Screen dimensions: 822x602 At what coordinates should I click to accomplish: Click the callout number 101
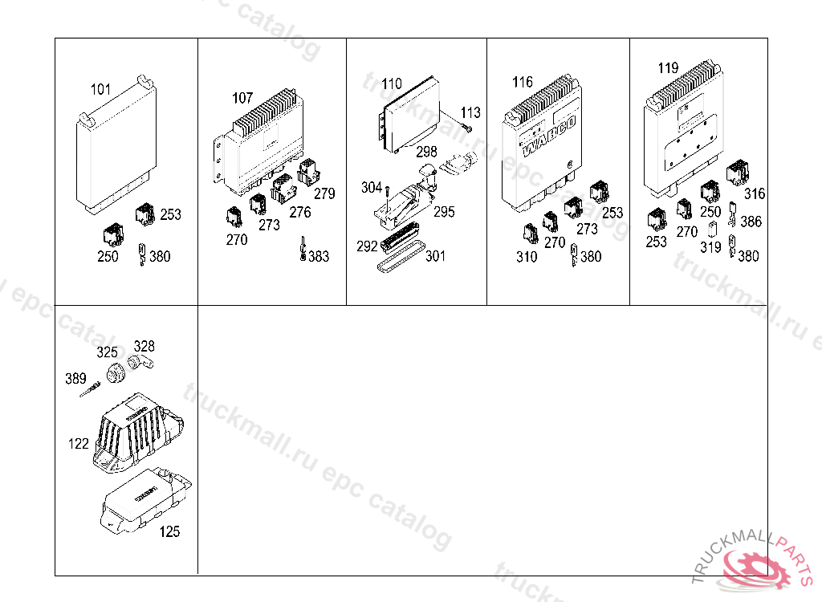click(x=100, y=89)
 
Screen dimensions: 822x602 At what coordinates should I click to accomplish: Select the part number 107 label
click(x=242, y=99)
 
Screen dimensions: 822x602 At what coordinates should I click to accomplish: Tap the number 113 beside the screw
click(x=470, y=113)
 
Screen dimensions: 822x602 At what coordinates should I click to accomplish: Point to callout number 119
click(x=668, y=68)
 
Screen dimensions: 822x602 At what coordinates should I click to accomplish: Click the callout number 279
click(x=324, y=193)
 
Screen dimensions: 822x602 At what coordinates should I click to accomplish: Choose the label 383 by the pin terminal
click(x=319, y=257)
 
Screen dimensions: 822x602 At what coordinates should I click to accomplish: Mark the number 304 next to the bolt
click(x=371, y=188)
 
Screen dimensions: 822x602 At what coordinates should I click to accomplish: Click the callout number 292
click(x=367, y=246)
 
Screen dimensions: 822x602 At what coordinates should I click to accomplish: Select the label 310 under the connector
click(x=527, y=257)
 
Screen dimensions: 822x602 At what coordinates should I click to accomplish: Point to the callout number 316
click(x=755, y=193)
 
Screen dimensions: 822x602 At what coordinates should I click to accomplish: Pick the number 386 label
click(x=751, y=222)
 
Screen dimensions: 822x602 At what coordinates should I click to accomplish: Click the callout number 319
click(x=710, y=248)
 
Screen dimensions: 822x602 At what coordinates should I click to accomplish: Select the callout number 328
click(x=144, y=347)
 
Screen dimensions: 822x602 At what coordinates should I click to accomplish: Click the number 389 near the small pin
click(x=76, y=378)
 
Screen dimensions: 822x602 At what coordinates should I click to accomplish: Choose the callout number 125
click(x=169, y=531)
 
